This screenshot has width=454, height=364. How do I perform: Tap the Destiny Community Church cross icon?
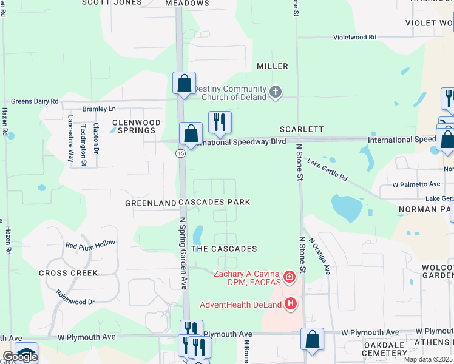276,92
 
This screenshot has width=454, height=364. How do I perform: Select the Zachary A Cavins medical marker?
290,278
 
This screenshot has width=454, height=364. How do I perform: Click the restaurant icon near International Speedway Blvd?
219,122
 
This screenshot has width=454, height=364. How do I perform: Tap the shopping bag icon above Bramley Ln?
184,83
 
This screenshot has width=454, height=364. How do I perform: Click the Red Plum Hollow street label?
90,244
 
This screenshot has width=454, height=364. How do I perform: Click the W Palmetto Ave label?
416,184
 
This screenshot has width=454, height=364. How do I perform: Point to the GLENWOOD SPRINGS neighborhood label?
137,126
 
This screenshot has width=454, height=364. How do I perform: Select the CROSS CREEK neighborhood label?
69,273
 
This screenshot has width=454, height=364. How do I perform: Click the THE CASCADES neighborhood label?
224,249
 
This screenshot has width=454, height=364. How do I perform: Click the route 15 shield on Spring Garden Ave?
180,154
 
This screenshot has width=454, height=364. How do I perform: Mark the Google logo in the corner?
20,357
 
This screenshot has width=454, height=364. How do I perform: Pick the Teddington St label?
84,145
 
